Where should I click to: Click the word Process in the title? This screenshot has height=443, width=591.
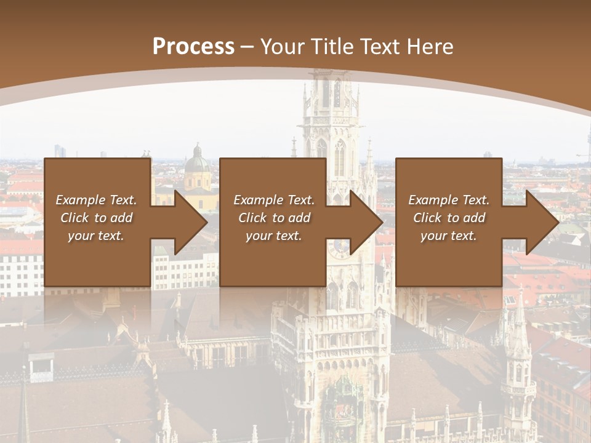(193, 46)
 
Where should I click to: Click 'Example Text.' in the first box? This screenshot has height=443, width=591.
(96, 200)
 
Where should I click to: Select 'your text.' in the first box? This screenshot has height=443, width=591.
(96, 236)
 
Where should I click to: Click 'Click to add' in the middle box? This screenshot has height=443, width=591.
(274, 218)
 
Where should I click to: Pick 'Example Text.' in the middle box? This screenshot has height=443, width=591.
(274, 200)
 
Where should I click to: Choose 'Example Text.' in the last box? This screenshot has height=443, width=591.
(449, 200)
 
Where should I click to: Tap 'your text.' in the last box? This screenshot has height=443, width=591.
(449, 236)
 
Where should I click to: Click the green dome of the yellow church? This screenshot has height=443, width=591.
(197, 164)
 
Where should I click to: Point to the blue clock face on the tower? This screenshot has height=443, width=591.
(338, 247)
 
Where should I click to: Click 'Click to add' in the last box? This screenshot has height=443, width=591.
(449, 218)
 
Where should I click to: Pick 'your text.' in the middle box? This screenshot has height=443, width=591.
(274, 236)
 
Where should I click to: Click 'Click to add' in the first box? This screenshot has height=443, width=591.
(96, 218)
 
